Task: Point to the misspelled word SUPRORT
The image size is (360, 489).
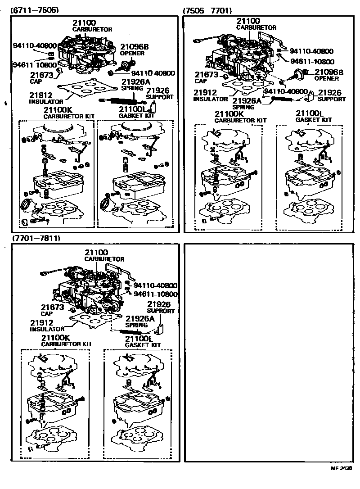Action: click(159, 311)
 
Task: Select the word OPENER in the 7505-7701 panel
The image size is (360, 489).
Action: click(326, 78)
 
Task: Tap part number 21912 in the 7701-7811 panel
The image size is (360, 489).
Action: click(42, 323)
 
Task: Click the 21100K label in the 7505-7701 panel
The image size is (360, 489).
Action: click(229, 114)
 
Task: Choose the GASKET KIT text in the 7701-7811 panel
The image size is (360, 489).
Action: click(143, 345)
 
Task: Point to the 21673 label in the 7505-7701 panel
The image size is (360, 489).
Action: click(207, 75)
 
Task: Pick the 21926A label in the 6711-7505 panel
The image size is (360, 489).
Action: click(135, 82)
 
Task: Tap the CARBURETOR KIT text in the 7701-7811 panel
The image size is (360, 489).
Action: click(67, 344)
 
